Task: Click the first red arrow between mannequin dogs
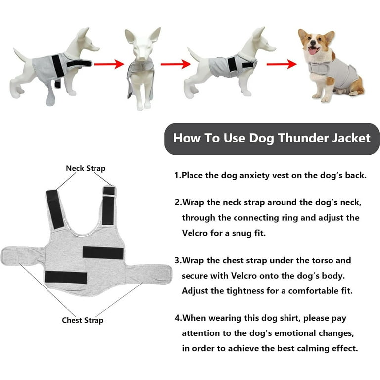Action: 109,64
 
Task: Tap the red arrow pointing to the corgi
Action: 282,64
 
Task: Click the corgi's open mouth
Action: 312,50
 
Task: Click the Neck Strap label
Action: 86,168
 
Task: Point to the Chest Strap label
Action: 83,320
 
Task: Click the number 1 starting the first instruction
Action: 177,175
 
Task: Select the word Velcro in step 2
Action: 195,233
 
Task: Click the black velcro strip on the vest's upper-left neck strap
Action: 55,209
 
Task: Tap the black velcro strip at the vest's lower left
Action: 66,277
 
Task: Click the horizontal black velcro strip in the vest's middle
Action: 103,253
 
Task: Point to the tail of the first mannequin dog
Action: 22,55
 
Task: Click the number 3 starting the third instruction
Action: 177,260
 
